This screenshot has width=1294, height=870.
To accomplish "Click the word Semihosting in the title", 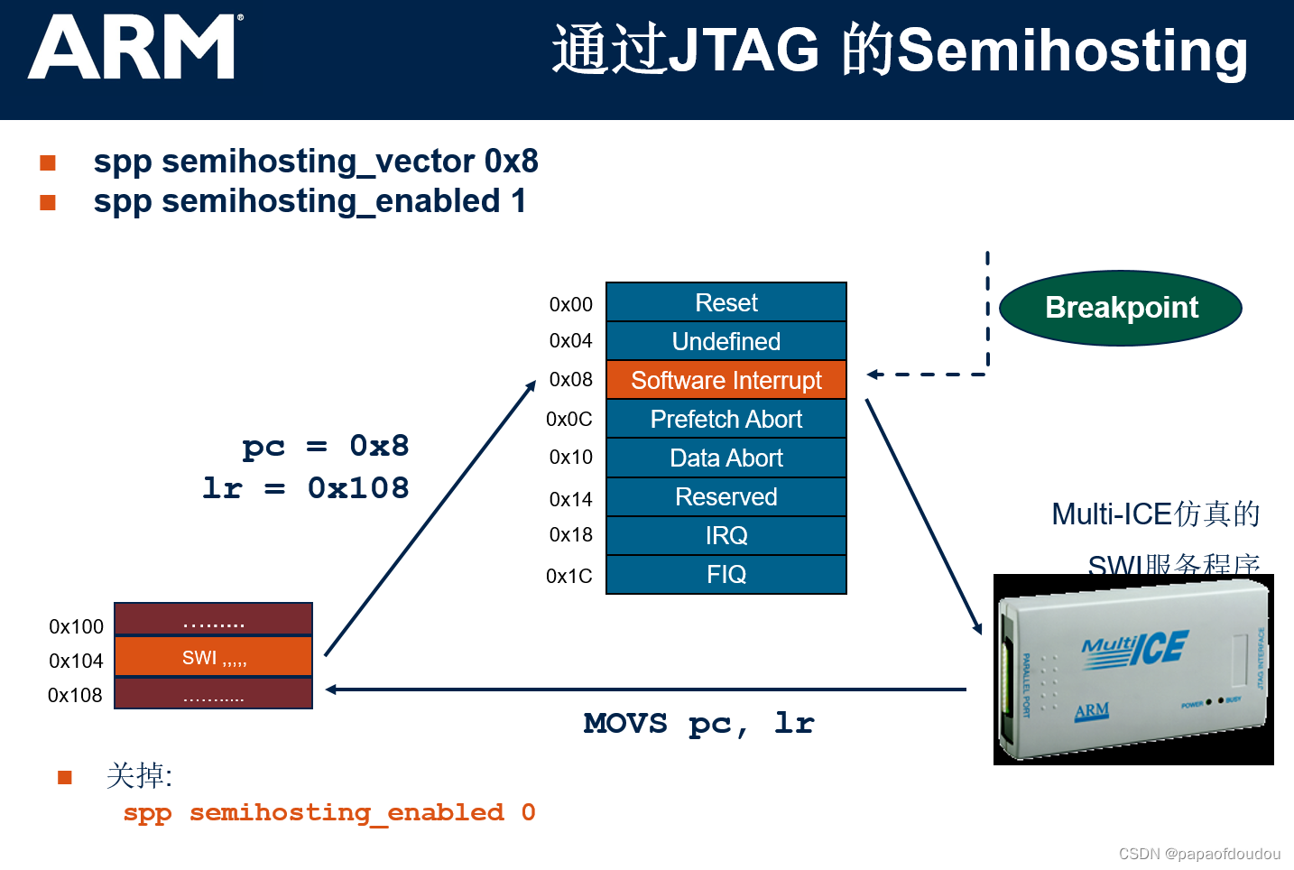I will [1072, 51].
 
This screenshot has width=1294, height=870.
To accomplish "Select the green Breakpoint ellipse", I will [1121, 308].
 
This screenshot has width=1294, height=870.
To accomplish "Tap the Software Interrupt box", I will [726, 380].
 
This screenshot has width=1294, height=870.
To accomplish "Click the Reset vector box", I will [726, 302].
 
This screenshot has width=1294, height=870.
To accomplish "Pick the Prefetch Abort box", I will [726, 419].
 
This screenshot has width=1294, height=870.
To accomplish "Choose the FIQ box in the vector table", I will [726, 574].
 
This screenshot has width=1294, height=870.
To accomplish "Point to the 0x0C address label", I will [569, 419].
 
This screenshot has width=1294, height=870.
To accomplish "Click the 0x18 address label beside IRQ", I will [570, 534].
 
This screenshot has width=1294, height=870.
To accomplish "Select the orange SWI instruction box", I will [214, 657].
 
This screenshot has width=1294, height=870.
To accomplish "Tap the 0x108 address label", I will [75, 695].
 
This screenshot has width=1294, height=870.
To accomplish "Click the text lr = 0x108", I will [306, 488].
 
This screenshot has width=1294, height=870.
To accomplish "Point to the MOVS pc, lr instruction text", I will [698, 723].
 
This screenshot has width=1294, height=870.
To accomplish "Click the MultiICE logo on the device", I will [1135, 650].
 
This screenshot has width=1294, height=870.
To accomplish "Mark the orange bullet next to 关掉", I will [65, 777].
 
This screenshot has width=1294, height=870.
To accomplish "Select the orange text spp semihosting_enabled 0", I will [329, 812].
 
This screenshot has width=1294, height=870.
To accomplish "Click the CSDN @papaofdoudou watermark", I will [1199, 854].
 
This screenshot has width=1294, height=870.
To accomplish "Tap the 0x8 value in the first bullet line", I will [512, 162].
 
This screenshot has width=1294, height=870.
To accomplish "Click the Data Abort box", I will [726, 458].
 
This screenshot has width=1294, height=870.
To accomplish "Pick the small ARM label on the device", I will [1092, 710].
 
